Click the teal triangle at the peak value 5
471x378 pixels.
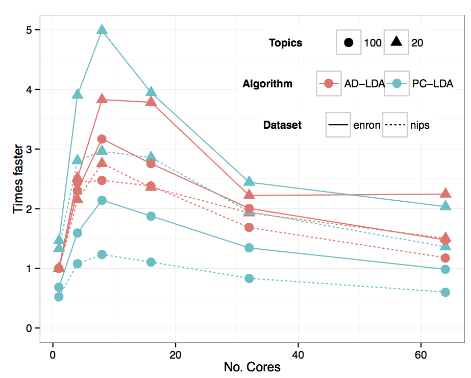click(x=102, y=30)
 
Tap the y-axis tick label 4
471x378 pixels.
click(x=29, y=90)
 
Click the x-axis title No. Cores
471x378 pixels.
click(x=252, y=367)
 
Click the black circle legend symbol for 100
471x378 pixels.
click(x=349, y=42)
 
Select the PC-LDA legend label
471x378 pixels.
click(x=432, y=84)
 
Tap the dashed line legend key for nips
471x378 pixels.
click(x=395, y=125)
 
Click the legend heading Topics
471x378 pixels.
click(x=286, y=43)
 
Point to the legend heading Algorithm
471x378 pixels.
click(x=268, y=84)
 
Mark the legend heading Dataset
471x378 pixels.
click(x=282, y=125)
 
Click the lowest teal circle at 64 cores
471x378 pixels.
click(x=445, y=292)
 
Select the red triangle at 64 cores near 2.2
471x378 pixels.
click(x=445, y=193)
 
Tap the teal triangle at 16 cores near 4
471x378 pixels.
click(x=151, y=92)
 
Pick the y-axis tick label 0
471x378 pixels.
click(x=29, y=328)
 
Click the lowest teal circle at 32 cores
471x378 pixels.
click(x=249, y=278)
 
